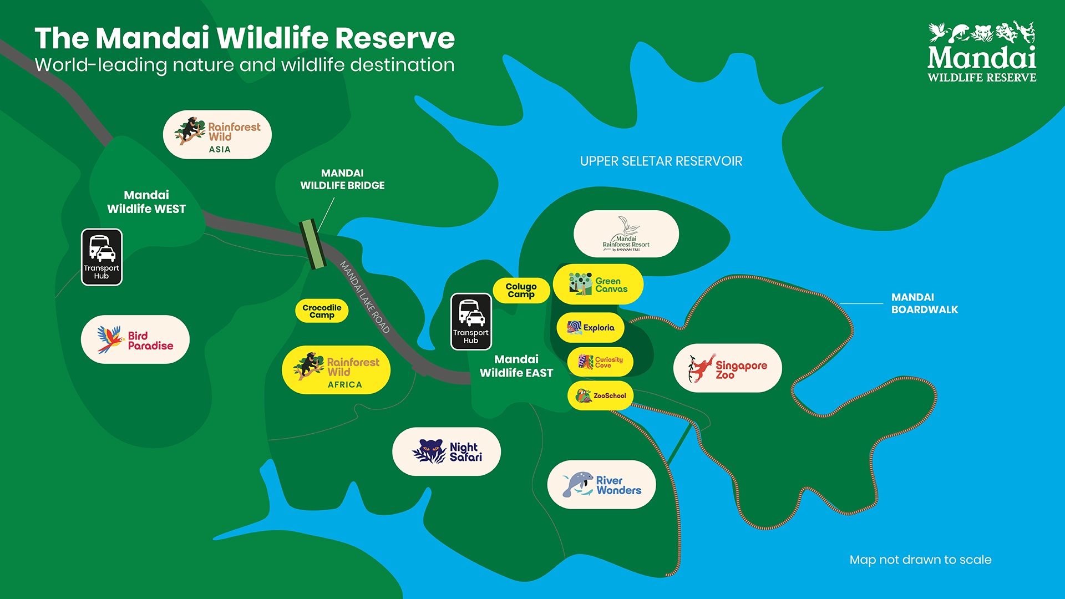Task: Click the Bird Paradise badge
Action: pos(135,339)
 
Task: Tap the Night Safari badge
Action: pos(447,451)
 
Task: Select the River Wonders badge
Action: pos(601,485)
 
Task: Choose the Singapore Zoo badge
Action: pos(727,368)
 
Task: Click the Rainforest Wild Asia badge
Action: pos(217,135)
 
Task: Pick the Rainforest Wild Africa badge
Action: pos(336,370)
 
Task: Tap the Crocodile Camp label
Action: pos(322,311)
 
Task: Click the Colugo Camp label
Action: pos(521,290)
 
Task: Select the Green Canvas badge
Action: pos(598,285)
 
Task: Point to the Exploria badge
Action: pos(591,327)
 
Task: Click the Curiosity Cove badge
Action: pos(600,362)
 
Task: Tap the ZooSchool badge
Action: pos(601,395)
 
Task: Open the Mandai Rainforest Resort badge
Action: pos(626,234)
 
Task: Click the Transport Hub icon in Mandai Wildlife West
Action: pos(102,257)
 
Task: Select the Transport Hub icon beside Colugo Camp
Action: pos(471,322)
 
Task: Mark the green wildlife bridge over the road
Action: pos(312,243)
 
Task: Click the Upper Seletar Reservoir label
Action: pos(661,161)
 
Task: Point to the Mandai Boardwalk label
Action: pos(924,303)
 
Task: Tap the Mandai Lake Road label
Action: pos(365,297)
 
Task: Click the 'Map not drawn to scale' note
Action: pos(920,560)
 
